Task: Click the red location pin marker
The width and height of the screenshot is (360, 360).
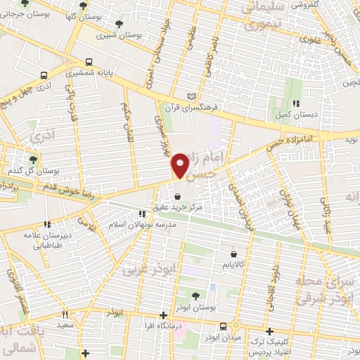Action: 181,166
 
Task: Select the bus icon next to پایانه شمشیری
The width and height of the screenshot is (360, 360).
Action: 89,62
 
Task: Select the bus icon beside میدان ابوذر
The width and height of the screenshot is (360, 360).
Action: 224,326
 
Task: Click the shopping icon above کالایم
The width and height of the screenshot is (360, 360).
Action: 233,254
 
